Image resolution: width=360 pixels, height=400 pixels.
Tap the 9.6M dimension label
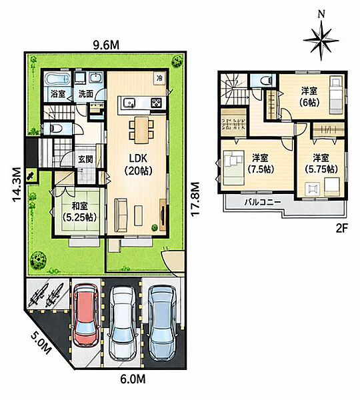tap(106, 45)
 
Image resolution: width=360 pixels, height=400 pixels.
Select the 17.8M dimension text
tap(195, 199)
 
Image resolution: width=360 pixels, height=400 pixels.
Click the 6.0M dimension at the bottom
tap(133, 379)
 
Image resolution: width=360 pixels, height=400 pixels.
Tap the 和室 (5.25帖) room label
tap(79, 211)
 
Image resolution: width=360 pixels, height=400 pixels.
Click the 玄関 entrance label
tap(85, 159)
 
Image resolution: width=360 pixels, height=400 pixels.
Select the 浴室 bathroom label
tap(57, 94)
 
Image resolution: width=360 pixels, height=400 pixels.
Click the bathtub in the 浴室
tap(57, 79)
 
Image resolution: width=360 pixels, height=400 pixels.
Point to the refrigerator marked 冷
tap(160, 78)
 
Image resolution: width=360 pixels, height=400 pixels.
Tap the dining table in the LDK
tap(141, 129)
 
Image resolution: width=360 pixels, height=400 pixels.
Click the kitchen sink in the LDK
tap(129, 103)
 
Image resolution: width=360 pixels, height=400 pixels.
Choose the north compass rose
tap(321, 38)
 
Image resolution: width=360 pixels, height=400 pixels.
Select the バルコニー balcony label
tap(263, 203)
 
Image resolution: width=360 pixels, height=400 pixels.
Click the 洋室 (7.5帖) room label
tap(260, 163)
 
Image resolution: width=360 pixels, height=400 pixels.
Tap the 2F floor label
tap(341, 228)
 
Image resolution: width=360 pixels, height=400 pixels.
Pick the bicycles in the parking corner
tap(47, 295)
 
